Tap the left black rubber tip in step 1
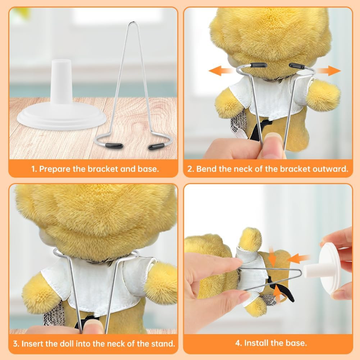click(x=114, y=146)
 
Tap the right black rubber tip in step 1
click(x=156, y=146)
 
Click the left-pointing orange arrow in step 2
click(x=220, y=70)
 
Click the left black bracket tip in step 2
click(x=259, y=65)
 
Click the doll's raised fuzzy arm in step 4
click(x=250, y=240)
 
